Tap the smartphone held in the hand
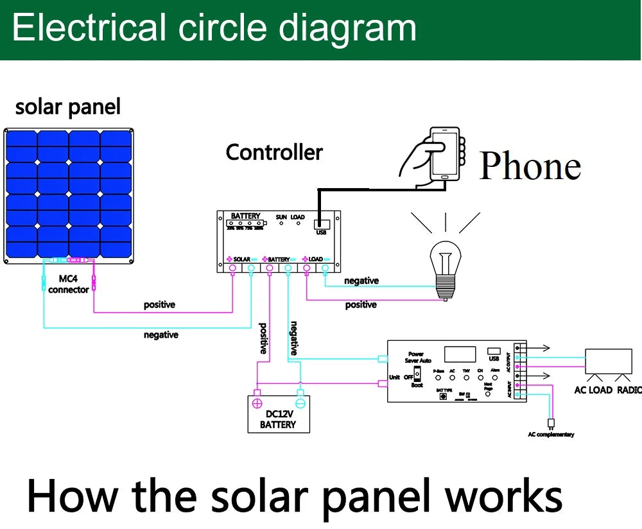coord(445,153)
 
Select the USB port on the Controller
coord(321,225)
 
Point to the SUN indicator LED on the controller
coord(281,226)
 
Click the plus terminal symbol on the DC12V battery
coord(257,403)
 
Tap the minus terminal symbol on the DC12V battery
coord(299,403)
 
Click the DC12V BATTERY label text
coord(278,419)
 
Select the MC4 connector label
coord(68,284)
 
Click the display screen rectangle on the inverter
coord(460,354)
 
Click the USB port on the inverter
coord(493,351)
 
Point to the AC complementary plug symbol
coord(550,424)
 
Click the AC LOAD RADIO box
coord(608,362)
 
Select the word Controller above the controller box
coord(274,153)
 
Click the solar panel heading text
coord(67,107)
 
